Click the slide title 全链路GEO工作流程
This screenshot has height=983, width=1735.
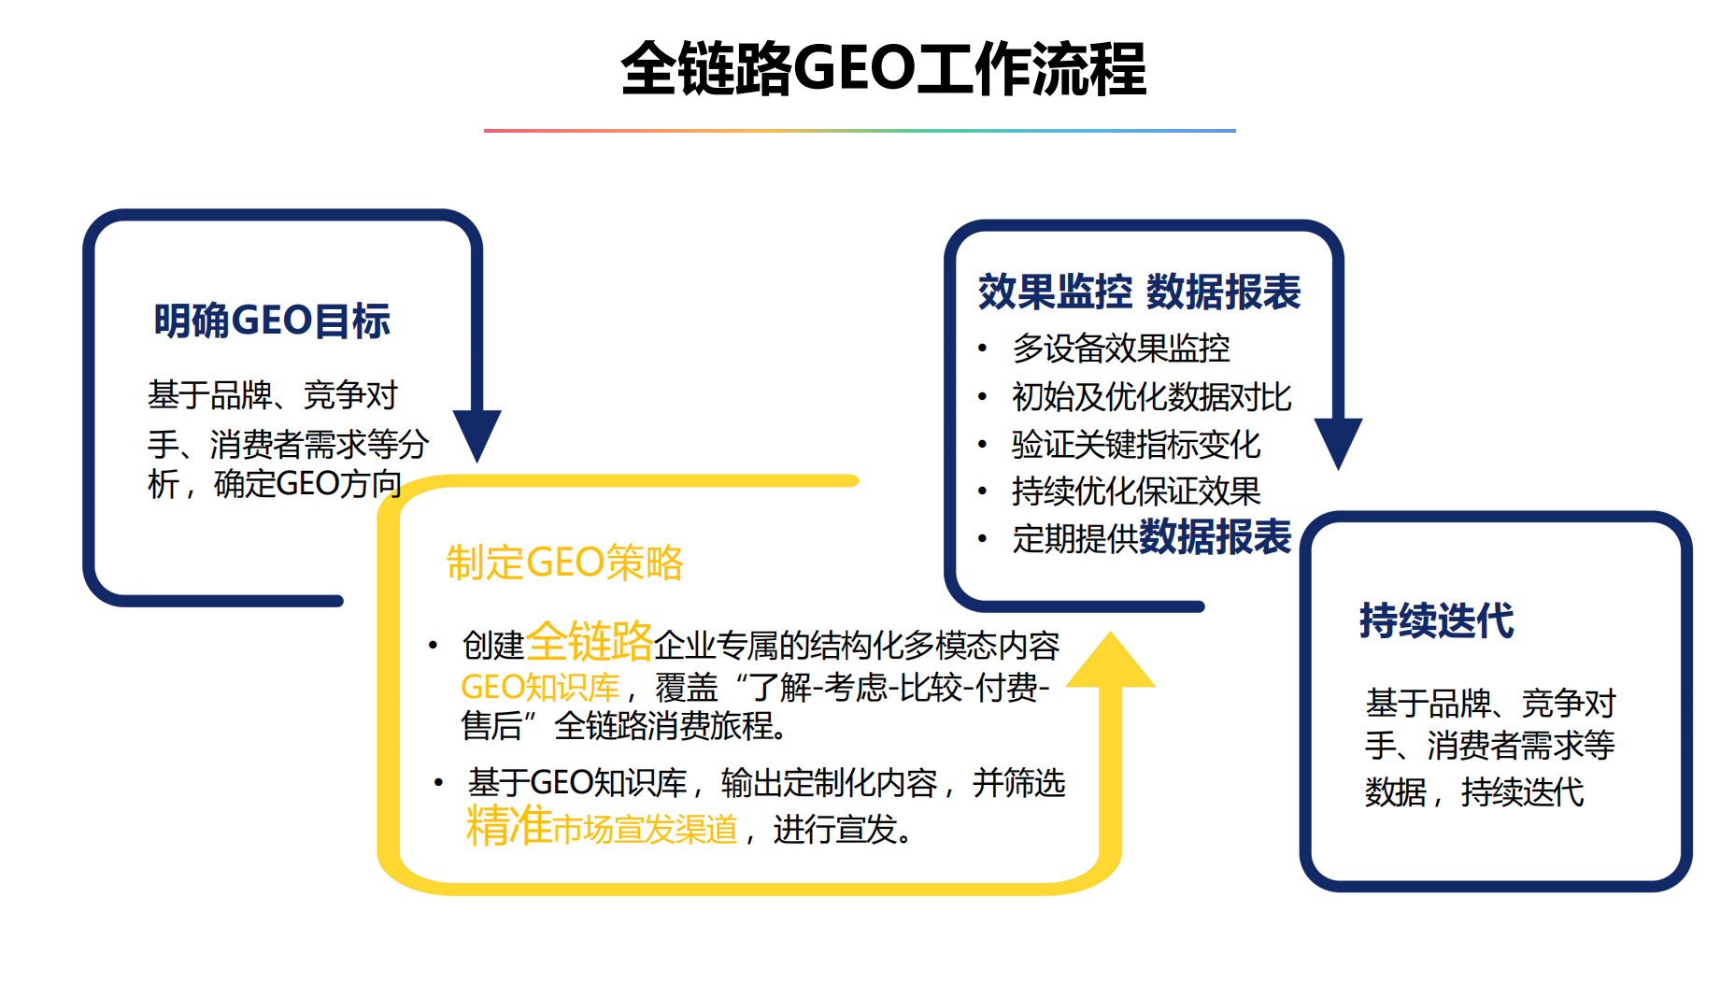tap(883, 69)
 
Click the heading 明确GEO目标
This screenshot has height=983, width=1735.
tap(272, 321)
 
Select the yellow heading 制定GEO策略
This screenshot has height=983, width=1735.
tap(565, 563)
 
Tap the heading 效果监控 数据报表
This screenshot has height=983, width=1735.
tap(1139, 292)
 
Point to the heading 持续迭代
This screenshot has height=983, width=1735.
tap(1436, 620)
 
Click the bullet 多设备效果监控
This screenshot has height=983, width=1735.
tap(1120, 349)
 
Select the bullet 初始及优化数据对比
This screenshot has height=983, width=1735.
tap(1151, 397)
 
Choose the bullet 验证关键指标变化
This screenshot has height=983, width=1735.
tap(1135, 445)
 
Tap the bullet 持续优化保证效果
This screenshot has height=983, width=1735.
tap(1135, 491)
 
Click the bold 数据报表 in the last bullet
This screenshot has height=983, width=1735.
tap(1215, 537)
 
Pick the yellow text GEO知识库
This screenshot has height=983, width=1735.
tap(540, 688)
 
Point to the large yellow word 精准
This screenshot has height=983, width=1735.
tap(509, 826)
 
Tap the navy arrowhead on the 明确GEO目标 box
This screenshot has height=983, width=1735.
tap(477, 434)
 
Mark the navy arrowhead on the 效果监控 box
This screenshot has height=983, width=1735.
tap(1338, 442)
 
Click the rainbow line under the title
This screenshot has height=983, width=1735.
tap(860, 131)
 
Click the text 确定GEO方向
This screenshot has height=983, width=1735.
tap(307, 484)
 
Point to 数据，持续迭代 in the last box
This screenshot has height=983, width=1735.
tap(1473, 792)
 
